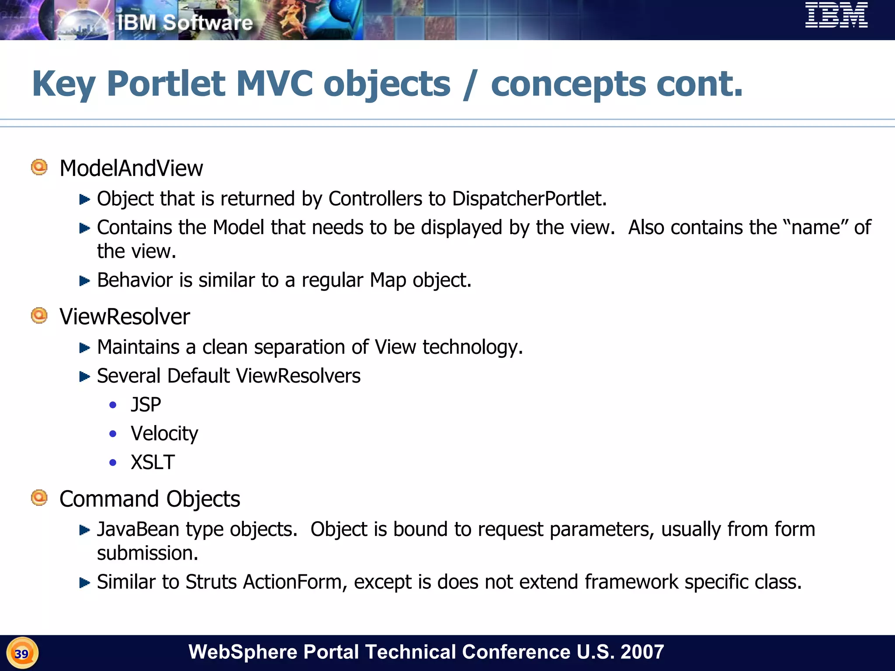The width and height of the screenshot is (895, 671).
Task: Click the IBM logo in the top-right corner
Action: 836,16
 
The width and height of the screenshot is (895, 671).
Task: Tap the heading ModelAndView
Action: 131,169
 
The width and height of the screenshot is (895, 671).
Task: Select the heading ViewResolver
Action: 125,317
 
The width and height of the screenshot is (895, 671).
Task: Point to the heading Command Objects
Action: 149,499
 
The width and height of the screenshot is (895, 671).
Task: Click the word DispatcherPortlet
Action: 528,199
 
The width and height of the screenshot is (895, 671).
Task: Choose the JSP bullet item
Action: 146,405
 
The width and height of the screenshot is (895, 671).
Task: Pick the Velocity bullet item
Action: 164,433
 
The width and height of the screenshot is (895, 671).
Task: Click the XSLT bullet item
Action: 153,462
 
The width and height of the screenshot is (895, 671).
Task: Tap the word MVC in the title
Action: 274,84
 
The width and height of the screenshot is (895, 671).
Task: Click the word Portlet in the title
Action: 166,84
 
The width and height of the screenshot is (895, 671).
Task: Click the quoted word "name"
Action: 815,228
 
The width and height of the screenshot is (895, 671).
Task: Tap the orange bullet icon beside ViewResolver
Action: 39,315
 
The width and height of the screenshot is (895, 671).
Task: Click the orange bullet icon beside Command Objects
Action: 39,498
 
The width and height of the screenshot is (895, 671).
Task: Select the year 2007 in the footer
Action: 642,652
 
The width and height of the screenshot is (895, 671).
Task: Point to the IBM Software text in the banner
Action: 185,23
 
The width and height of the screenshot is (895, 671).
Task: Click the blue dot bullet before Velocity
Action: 113,434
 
